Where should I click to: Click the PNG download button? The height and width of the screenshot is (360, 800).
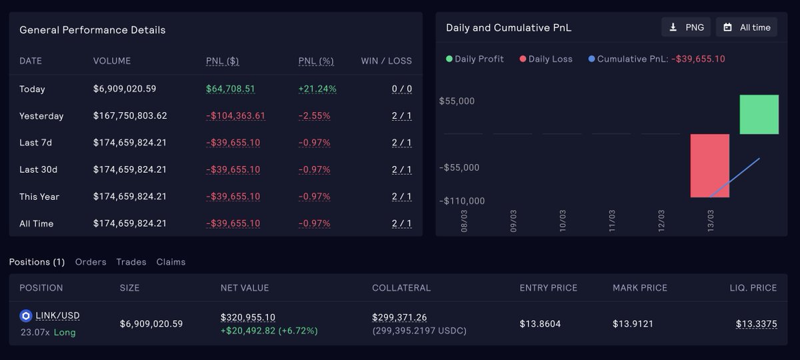tap(686, 27)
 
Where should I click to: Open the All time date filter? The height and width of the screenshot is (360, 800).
tap(747, 27)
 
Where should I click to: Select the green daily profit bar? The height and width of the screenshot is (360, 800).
tap(759, 115)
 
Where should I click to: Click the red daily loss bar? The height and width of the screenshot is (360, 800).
tap(709, 165)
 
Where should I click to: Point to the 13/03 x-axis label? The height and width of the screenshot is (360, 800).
tap(711, 220)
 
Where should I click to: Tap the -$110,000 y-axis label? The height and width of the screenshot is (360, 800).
tap(461, 201)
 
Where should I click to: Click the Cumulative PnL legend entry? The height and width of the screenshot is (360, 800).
tap(657, 59)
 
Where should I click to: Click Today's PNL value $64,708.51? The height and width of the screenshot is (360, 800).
tap(231, 89)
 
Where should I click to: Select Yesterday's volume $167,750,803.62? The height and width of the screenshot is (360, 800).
tap(130, 116)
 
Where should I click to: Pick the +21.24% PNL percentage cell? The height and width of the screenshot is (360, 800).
tap(317, 89)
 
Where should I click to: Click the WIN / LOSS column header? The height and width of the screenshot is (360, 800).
tap(386, 61)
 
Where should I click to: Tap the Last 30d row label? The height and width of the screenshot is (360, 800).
tap(38, 169)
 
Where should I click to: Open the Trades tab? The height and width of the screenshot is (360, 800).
tap(131, 262)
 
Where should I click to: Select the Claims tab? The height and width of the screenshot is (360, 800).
tap(171, 262)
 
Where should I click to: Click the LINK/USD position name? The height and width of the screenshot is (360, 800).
tap(57, 315)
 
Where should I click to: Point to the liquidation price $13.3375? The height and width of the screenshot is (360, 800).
tap(756, 324)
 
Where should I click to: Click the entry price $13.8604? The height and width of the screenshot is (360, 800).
tap(540, 324)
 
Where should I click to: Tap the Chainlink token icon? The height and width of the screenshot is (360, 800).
tap(26, 316)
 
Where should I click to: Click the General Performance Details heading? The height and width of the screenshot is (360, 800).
tap(93, 30)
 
